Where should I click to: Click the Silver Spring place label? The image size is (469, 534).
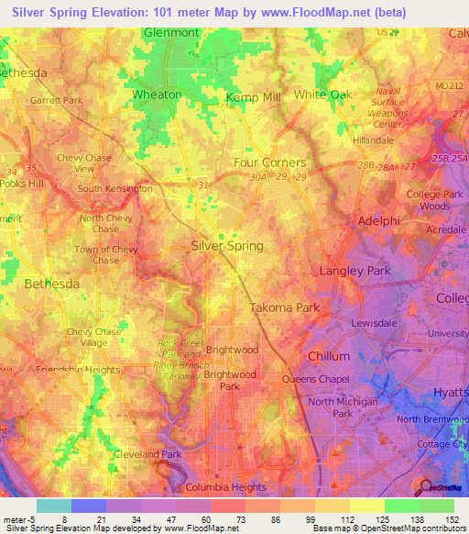[227, 246]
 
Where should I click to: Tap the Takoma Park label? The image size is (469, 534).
[285, 308]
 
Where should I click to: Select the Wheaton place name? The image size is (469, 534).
[158, 95]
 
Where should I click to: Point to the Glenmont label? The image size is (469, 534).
[171, 33]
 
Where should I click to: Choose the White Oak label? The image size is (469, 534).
[322, 95]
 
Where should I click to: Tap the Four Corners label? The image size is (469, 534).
[269, 162]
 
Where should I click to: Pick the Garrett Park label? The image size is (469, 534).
[55, 100]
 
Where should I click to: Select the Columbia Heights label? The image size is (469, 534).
[225, 487]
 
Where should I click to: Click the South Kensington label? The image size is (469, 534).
[115, 189]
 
